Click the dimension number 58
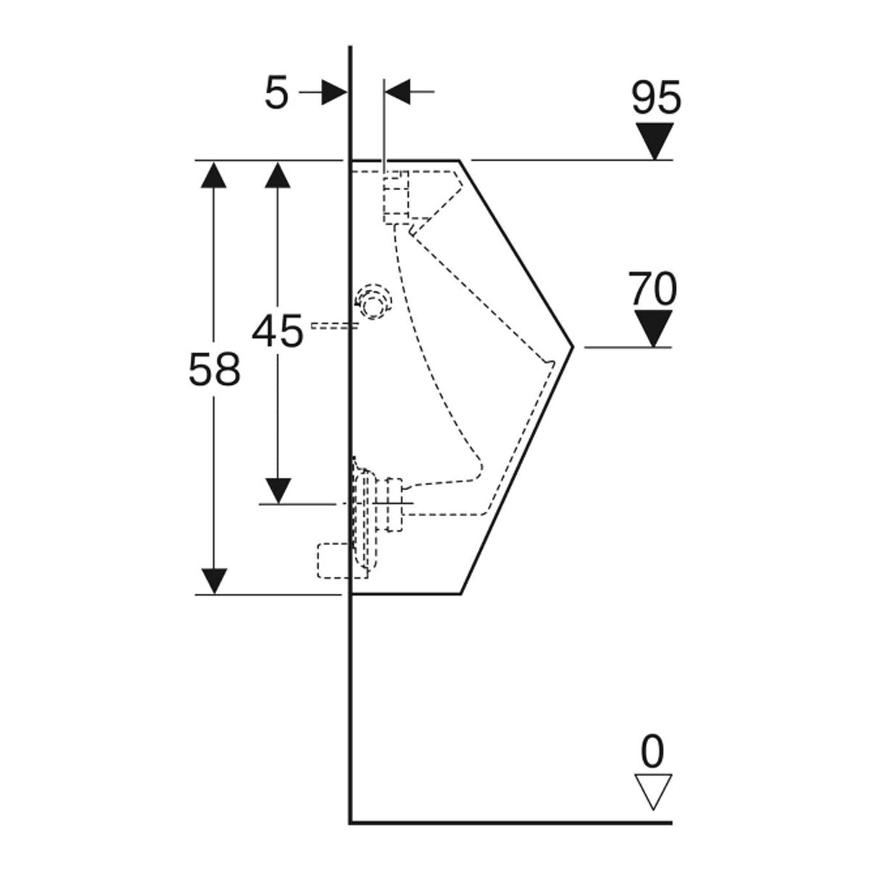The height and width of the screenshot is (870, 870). click(214, 370)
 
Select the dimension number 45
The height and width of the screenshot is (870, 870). click(278, 332)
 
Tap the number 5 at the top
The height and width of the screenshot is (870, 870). click(276, 94)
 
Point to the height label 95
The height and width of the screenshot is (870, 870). click(656, 98)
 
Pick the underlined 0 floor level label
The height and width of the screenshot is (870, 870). click(652, 753)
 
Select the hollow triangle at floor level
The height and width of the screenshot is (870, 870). click(652, 792)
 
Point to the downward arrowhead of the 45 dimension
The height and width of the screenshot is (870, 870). click(278, 490)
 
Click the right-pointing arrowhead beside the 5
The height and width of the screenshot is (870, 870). click(333, 92)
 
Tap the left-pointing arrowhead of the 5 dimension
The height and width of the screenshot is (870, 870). click(397, 92)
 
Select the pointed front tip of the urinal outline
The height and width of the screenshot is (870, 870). click(572, 347)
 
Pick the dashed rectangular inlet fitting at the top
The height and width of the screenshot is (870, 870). click(396, 196)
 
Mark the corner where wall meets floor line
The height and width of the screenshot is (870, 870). click(351, 822)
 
